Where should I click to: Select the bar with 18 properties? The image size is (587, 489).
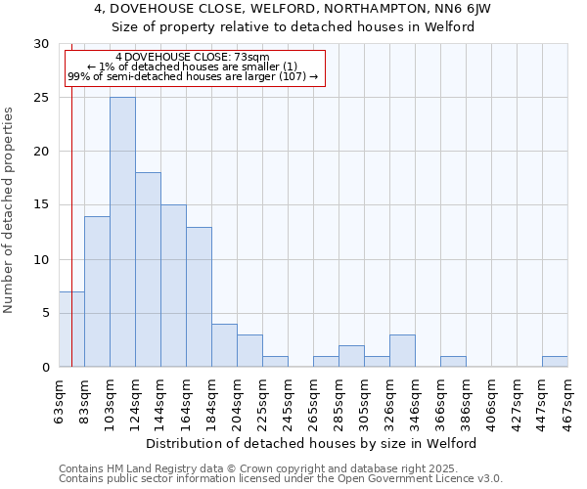[x=148, y=270]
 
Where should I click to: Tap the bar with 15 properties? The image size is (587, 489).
[x=173, y=286]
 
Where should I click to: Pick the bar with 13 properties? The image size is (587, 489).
[x=199, y=296]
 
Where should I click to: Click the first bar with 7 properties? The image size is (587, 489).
[x=71, y=329]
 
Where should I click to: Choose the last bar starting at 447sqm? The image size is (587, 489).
[x=555, y=361]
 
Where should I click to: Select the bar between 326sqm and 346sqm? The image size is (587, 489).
[x=402, y=350]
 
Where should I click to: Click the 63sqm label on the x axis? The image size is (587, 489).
[x=60, y=401]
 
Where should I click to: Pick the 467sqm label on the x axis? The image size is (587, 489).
[x=568, y=401]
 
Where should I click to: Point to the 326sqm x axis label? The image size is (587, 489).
[x=390, y=401]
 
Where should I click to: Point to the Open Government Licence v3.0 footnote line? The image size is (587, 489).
[x=281, y=478]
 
